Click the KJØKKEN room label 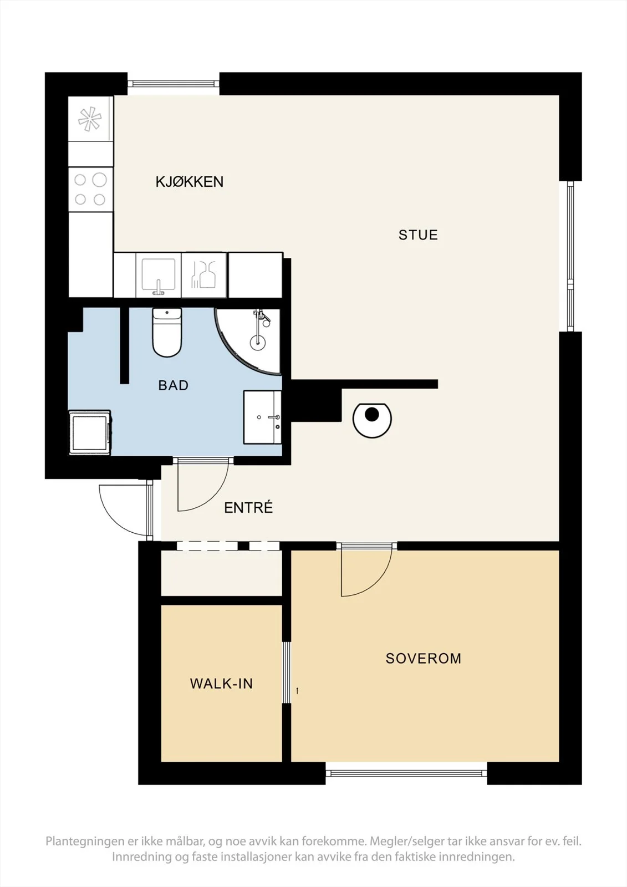pos(190,182)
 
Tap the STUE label pos(418,235)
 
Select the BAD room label pos(174,385)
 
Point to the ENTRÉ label pos(248,507)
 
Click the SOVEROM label pos(424,659)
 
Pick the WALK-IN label pos(221,684)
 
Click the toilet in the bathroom pos(167,332)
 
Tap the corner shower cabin pos(248,341)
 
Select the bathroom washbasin pos(262,417)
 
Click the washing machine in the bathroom pos(90,432)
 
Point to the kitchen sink pos(159,275)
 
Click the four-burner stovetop pos(91,190)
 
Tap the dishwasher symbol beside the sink pos(204,275)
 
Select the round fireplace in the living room pos(372,420)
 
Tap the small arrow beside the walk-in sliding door pos(297,691)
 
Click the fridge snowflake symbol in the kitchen pos(90,119)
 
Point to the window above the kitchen pos(173,84)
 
